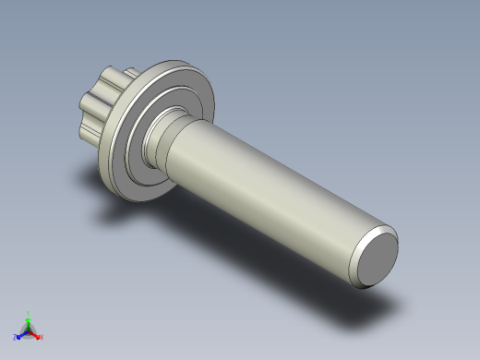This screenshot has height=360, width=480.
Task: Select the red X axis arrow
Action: [35, 334]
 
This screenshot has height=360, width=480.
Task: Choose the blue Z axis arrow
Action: [20, 335]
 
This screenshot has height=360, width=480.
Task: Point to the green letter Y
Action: [29, 313]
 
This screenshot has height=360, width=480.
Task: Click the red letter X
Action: [41, 338]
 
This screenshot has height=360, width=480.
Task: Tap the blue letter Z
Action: [15, 338]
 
